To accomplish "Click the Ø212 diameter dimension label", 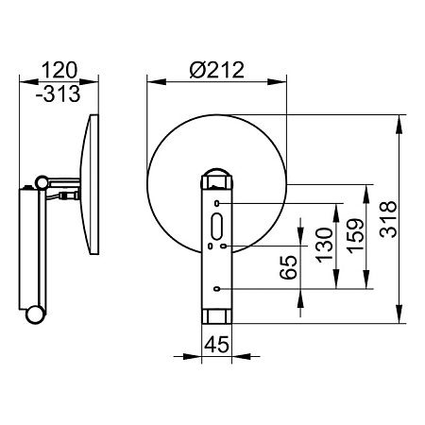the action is tap(217, 70).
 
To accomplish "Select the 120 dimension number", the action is tap(59, 70).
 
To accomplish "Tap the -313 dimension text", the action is tap(59, 93).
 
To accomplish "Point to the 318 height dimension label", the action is tap(388, 219).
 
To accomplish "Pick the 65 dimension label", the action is tap(288, 267).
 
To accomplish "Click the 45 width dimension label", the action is tap(216, 345).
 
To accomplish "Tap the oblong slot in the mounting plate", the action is tap(217, 226).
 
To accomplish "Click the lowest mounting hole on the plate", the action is tap(216, 288).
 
